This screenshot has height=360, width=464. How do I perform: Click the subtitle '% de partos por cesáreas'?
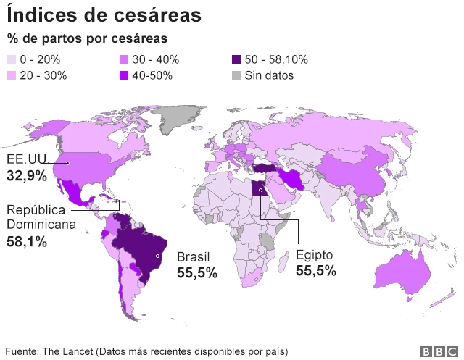[87, 38]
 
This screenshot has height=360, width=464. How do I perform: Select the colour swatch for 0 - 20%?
[12, 60]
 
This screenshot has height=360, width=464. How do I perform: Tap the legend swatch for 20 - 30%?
[12, 75]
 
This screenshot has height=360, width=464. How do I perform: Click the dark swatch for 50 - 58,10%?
[237, 60]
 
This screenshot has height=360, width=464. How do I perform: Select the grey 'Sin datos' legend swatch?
[237, 75]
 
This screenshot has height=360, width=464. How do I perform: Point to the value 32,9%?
[27, 175]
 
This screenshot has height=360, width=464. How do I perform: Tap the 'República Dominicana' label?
[41, 217]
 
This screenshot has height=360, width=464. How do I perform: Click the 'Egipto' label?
[315, 255]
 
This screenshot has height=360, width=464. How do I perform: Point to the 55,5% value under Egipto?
[316, 271]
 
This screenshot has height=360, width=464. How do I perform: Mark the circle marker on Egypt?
[260, 193]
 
